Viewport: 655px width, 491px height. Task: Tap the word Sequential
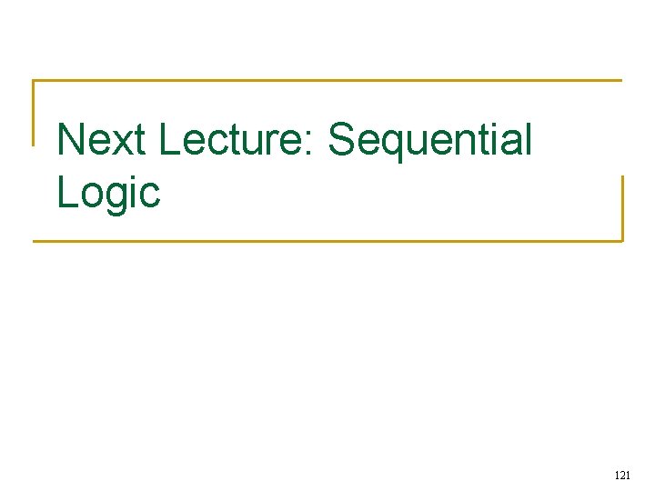pos(429,141)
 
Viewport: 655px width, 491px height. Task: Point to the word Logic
pos(108,193)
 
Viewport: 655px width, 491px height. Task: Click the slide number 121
pos(622,475)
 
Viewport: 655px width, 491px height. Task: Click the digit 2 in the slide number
pos(622,475)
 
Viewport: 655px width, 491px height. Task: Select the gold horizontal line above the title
pos(327,80)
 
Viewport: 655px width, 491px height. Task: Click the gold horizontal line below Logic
pos(327,241)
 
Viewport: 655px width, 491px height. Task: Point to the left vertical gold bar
pos(34,113)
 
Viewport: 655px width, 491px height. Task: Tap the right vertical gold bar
pos(622,208)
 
